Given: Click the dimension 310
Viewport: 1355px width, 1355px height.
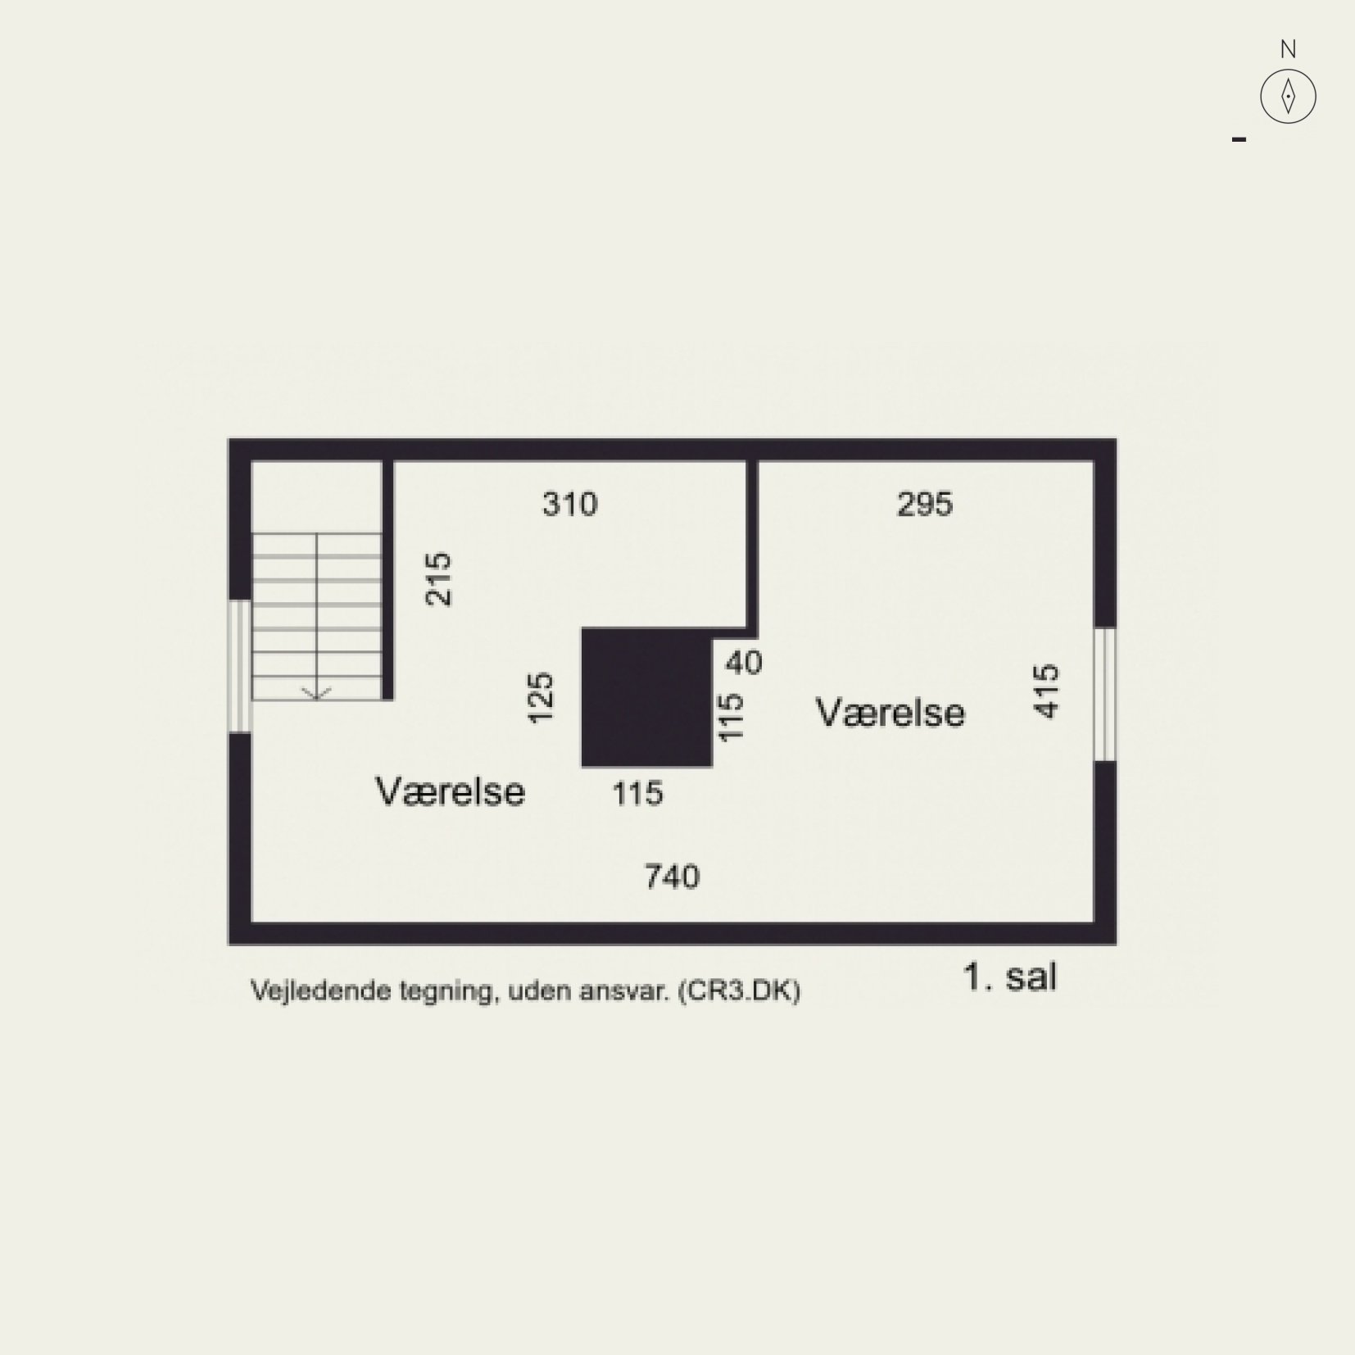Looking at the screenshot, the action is (570, 504).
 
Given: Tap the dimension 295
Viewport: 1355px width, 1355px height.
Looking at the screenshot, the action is (925, 504).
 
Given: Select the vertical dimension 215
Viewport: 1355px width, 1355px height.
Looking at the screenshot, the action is (439, 579).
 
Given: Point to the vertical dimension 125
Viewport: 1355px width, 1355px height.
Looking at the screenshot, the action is (541, 697).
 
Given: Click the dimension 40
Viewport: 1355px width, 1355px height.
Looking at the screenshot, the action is (744, 662).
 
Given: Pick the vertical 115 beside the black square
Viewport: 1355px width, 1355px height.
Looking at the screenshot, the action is (731, 718).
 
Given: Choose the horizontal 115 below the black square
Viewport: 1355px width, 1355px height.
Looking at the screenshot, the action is (638, 793).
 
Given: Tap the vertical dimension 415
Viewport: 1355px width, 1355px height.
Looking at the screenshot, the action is (1047, 692).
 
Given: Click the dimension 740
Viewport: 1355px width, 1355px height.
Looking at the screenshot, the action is (673, 877).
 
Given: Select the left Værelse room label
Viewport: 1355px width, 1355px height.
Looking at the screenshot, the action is (451, 791).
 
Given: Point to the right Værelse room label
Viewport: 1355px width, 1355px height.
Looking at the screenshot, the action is (890, 712).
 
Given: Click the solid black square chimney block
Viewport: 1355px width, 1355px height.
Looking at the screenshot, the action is (647, 697).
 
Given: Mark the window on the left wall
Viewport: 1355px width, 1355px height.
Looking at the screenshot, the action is (240, 665).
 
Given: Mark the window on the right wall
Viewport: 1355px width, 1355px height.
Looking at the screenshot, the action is (1105, 695).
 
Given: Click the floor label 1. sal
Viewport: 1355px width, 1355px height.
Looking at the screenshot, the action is (1010, 977).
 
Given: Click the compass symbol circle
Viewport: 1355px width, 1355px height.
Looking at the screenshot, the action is (1288, 96).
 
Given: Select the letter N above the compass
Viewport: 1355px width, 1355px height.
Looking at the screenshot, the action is (1288, 49).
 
